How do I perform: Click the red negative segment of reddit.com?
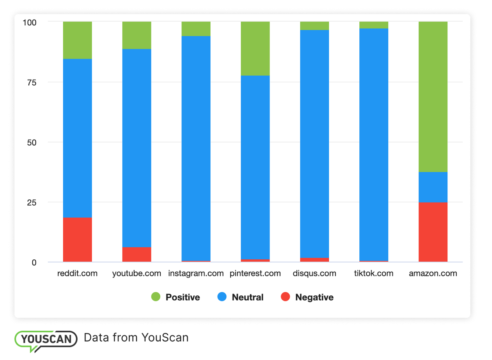coord(77,239)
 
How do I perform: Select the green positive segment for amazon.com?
coord(433,96)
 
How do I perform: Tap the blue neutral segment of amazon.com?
coord(433,187)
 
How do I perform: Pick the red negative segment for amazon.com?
coord(433,232)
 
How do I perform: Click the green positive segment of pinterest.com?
coord(255,48)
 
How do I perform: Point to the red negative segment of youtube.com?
coord(136,254)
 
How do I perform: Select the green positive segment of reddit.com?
coord(77,40)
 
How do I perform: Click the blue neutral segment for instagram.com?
coord(196,148)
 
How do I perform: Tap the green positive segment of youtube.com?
coord(136,35)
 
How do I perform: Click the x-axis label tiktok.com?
coord(374,274)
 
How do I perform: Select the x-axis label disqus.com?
coord(314,274)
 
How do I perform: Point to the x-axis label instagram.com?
coord(196,274)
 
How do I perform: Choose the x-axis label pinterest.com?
coord(255,274)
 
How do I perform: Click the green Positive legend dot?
coord(156,297)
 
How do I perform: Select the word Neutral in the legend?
coord(248,297)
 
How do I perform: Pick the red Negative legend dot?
coord(285,297)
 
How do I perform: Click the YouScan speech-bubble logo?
coord(46,339)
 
